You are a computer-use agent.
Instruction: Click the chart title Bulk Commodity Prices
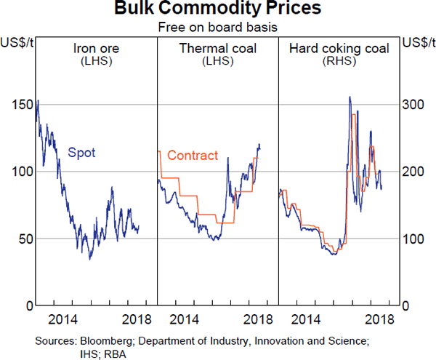217,10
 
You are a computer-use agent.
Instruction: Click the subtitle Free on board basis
217,28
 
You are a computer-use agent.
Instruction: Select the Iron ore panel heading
96,49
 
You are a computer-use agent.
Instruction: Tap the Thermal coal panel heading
217,49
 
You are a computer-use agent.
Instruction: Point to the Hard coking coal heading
339,49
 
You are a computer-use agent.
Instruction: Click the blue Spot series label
81,153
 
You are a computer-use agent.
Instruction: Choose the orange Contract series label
193,155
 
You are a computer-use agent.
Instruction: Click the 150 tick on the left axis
23,104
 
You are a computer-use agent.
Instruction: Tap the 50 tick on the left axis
25,239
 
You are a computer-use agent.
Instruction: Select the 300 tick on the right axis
413,104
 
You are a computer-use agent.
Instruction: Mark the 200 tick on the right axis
413,171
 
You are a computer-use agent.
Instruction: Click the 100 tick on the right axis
413,239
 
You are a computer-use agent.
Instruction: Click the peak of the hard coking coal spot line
350,97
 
